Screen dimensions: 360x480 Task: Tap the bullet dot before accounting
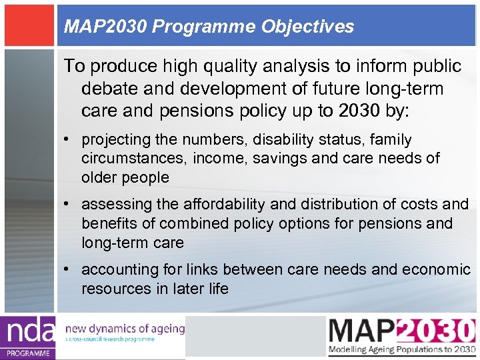tap(68, 269)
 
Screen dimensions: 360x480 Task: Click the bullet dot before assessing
tap(68, 204)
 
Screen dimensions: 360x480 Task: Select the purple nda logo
tap(28, 337)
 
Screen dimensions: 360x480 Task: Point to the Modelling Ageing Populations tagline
tap(401, 350)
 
